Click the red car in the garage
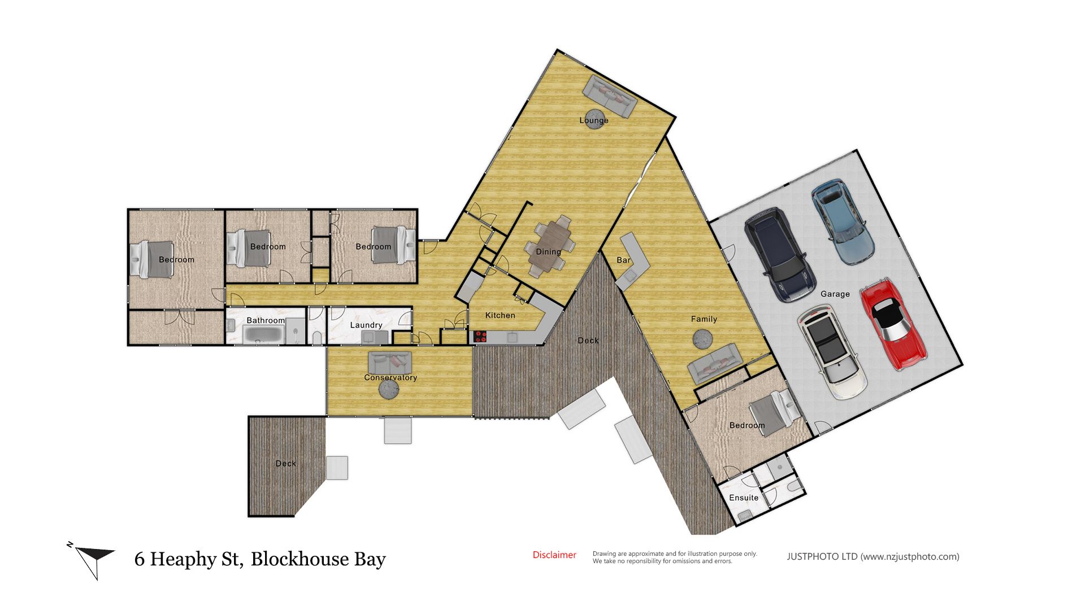pyautogui.click(x=893, y=324)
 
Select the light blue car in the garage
pyautogui.click(x=843, y=221)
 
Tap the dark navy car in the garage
pyautogui.click(x=780, y=254)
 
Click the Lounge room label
pyautogui.click(x=593, y=120)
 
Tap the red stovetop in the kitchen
pyautogui.click(x=480, y=337)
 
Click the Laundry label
pyautogui.click(x=366, y=325)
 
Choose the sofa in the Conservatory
pyautogui.click(x=390, y=362)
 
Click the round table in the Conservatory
pyautogui.click(x=389, y=389)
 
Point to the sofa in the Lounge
pyautogui.click(x=610, y=97)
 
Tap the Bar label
pyautogui.click(x=623, y=260)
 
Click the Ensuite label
pyautogui.click(x=744, y=498)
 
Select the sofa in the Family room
pyautogui.click(x=715, y=364)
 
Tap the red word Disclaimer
pyautogui.click(x=554, y=555)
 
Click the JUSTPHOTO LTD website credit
pyautogui.click(x=873, y=556)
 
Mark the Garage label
pyautogui.click(x=835, y=294)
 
